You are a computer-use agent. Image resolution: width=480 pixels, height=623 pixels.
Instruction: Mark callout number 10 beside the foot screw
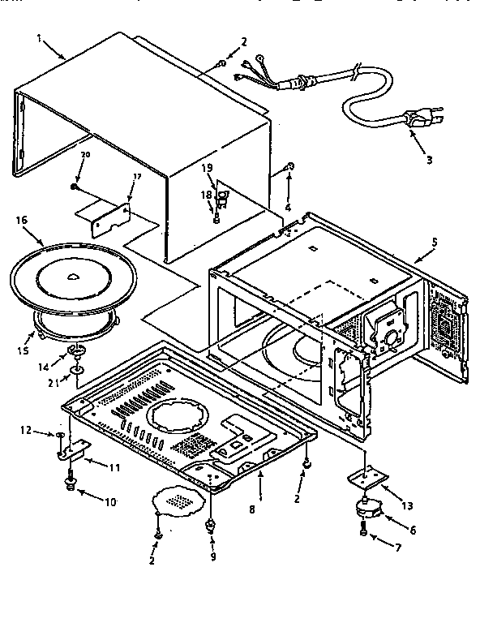click(109, 503)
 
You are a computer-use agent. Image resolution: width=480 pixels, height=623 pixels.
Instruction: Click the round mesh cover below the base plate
click(178, 501)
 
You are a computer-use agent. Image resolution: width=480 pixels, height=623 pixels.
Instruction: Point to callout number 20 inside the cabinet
click(85, 154)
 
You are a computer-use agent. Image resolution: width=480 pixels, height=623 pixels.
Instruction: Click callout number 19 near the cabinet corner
click(207, 167)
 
